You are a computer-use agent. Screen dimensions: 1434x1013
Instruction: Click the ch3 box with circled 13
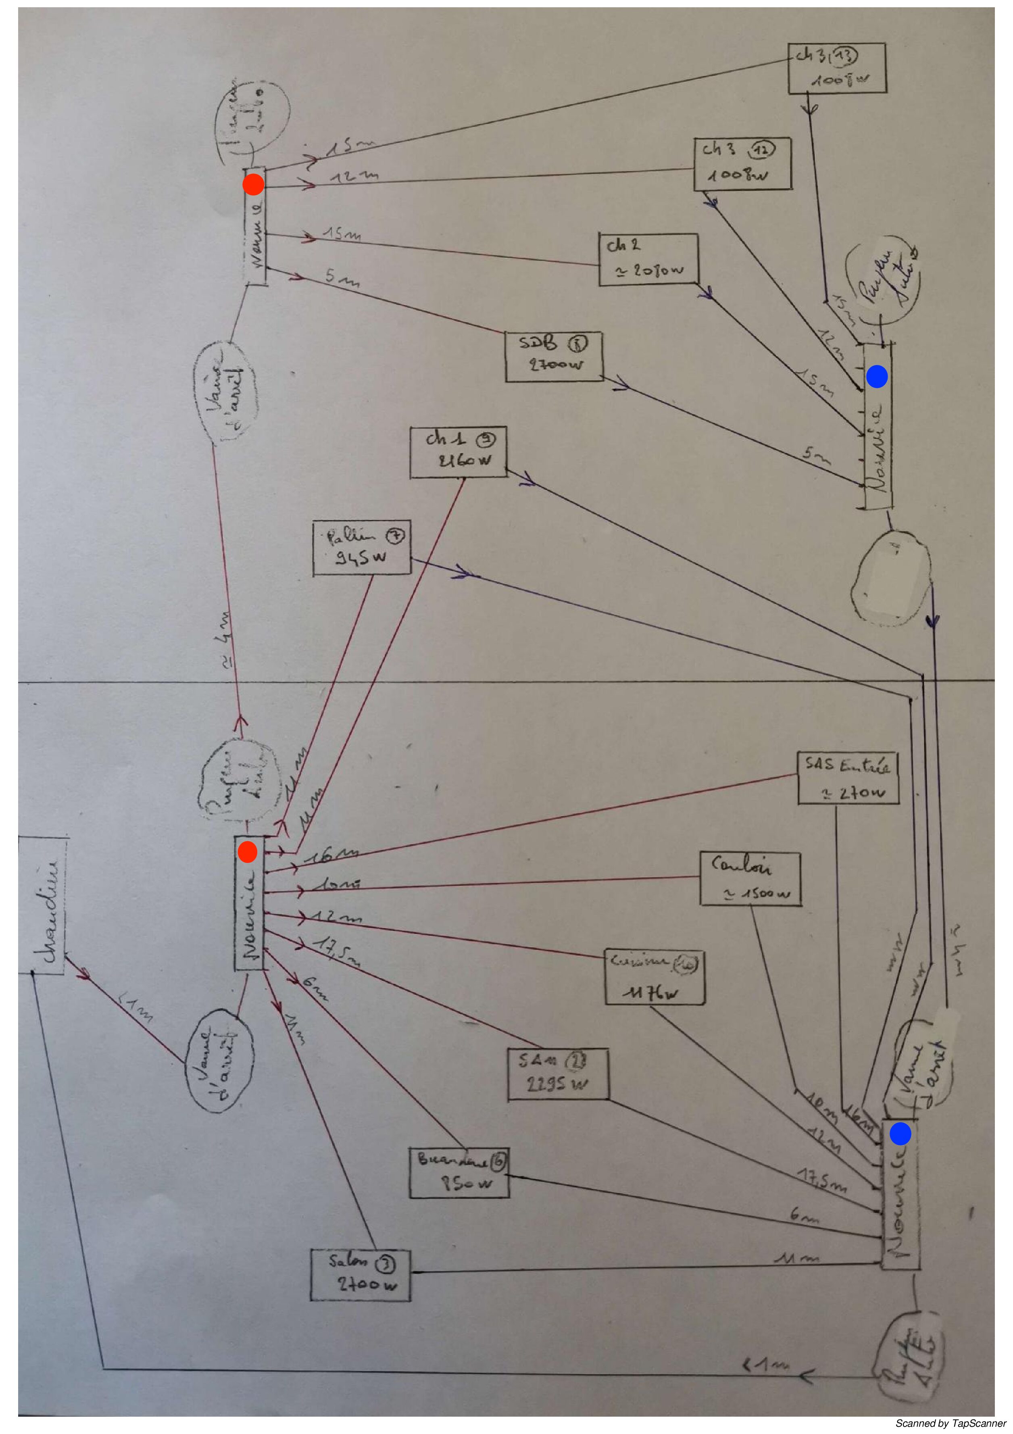pos(836,68)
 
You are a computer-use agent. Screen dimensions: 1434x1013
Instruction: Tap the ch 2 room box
pos(648,259)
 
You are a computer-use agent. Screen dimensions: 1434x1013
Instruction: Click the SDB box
pos(553,356)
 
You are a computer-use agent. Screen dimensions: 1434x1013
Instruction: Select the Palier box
pos(362,547)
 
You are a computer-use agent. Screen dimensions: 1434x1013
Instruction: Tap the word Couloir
pos(741,866)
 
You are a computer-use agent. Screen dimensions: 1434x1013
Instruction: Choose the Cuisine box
pos(654,976)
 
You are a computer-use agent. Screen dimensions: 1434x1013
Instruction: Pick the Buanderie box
pos(459,1172)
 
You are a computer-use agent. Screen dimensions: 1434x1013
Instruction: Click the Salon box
pos(361,1275)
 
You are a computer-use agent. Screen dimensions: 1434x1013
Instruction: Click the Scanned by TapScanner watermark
pos(950,1424)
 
